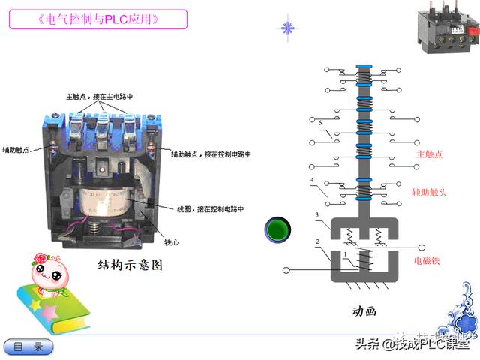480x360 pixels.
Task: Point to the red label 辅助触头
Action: point(429,193)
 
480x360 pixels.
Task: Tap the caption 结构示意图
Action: point(130,265)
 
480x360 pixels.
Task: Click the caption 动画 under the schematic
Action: point(364,310)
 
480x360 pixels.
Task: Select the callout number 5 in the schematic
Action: point(320,123)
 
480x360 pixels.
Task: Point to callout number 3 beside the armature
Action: point(317,216)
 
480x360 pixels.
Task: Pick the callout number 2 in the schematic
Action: point(317,241)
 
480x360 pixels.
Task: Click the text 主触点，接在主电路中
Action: point(100,97)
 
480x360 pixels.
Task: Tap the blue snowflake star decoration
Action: point(286,28)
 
